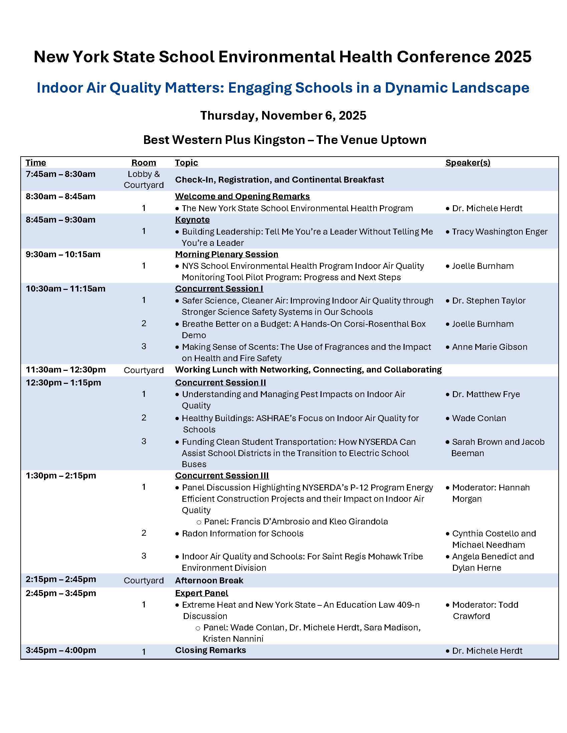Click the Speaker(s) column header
pyautogui.click(x=468, y=163)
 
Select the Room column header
pyautogui.click(x=143, y=163)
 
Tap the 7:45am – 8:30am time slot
pyautogui.click(x=60, y=174)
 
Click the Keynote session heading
pyautogui.click(x=192, y=220)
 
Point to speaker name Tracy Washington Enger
pyautogui.click(x=500, y=232)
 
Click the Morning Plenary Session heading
pyautogui.click(x=226, y=255)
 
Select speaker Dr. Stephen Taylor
pyautogui.click(x=488, y=301)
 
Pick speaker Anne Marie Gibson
pyautogui.click(x=489, y=347)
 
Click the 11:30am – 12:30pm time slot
pyautogui.click(x=65, y=370)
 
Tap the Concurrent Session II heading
pyautogui.click(x=220, y=382)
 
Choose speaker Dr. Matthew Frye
pyautogui.click(x=486, y=394)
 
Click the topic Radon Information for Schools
pyautogui.click(x=242, y=534)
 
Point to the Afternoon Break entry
pyautogui.click(x=209, y=581)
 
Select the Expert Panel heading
pyautogui.click(x=201, y=593)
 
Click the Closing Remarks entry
pyautogui.click(x=210, y=650)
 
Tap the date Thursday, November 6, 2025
pyautogui.click(x=283, y=116)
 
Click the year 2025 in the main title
pyautogui.click(x=513, y=57)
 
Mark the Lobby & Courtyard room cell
pyautogui.click(x=143, y=180)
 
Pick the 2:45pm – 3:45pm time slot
pyautogui.click(x=60, y=593)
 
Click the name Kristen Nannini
pyautogui.click(x=233, y=639)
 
